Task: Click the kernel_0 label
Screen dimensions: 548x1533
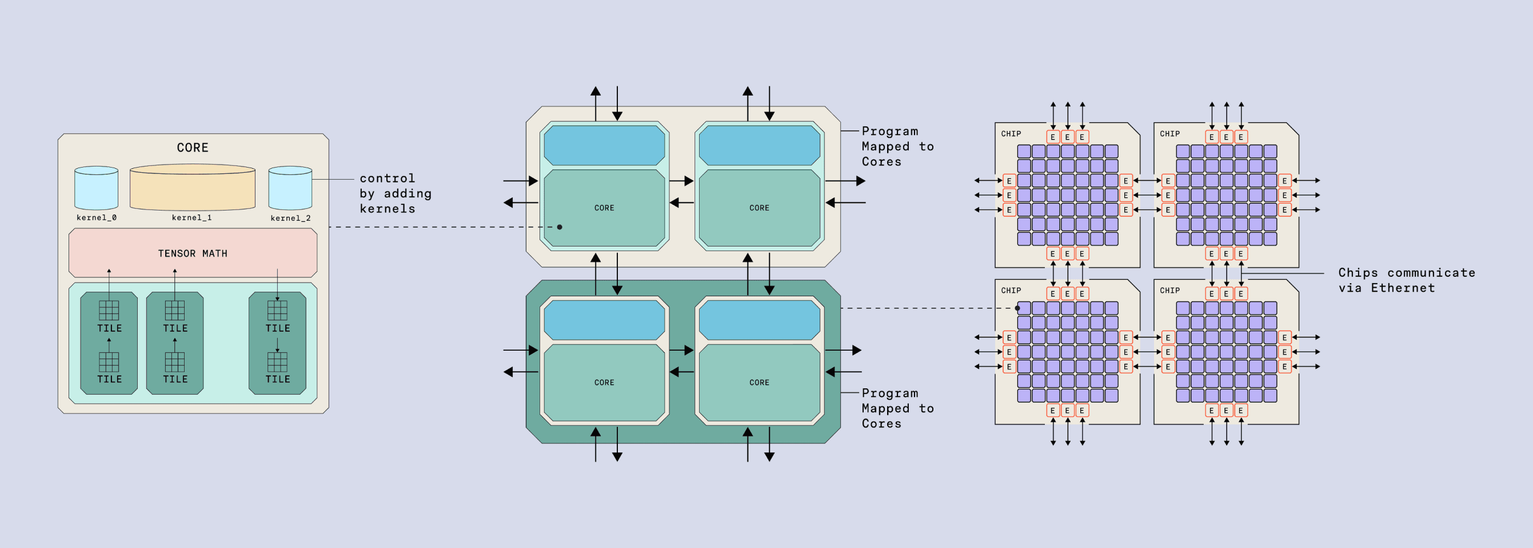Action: (x=97, y=217)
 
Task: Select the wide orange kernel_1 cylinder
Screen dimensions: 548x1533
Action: (x=192, y=188)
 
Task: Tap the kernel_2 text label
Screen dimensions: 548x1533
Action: (x=290, y=218)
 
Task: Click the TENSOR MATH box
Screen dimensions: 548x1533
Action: (x=192, y=253)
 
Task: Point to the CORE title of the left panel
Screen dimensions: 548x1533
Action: (x=192, y=148)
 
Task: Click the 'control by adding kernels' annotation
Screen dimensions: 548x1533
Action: (x=395, y=193)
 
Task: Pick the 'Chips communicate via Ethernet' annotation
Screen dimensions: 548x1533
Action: (x=1406, y=280)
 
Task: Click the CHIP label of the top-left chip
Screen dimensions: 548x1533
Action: (x=1011, y=134)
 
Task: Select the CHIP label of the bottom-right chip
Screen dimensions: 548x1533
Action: (x=1169, y=291)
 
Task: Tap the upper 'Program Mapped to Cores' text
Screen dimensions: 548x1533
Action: (x=897, y=146)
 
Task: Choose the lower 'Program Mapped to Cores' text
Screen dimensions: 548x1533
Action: (x=897, y=408)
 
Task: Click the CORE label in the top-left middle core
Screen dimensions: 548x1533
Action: (x=604, y=208)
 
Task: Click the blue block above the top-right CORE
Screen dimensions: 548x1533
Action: (x=758, y=145)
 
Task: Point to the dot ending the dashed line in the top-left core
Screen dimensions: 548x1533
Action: (x=560, y=227)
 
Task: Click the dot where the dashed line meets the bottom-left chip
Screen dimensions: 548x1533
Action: (x=1017, y=308)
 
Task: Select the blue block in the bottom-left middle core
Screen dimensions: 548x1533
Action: (x=604, y=320)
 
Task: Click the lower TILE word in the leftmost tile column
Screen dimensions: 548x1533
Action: (x=110, y=379)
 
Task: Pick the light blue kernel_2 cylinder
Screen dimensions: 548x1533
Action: (x=290, y=188)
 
